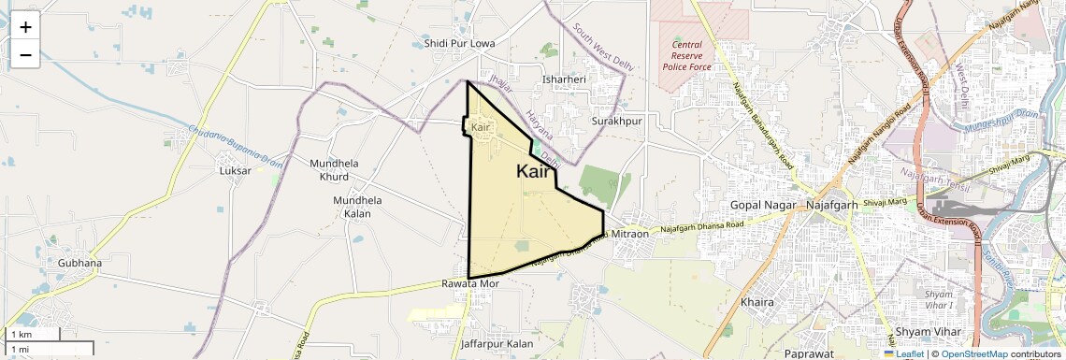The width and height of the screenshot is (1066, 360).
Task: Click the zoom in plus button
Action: pyautogui.click(x=25, y=27)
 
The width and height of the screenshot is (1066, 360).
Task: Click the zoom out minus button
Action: pyautogui.click(x=25, y=55)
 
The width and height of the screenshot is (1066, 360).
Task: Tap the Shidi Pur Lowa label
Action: pyautogui.click(x=459, y=44)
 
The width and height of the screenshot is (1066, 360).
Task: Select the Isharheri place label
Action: pyautogui.click(x=564, y=79)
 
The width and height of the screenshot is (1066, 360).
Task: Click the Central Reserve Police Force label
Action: pyautogui.click(x=687, y=56)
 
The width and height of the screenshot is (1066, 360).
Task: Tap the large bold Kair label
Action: pyautogui.click(x=533, y=171)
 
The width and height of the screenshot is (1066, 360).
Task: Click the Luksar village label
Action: pyautogui.click(x=235, y=171)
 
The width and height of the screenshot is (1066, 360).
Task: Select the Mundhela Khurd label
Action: pyautogui.click(x=334, y=169)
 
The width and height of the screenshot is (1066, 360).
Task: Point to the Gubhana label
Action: pyautogui.click(x=79, y=263)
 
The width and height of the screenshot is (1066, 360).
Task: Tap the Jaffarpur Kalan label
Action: pyautogui.click(x=497, y=344)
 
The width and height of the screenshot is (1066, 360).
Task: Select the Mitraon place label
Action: pyautogui.click(x=630, y=234)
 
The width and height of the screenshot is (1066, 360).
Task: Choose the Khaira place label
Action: pyautogui.click(x=757, y=303)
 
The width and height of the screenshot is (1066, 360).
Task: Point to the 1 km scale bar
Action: pyautogui.click(x=34, y=334)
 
